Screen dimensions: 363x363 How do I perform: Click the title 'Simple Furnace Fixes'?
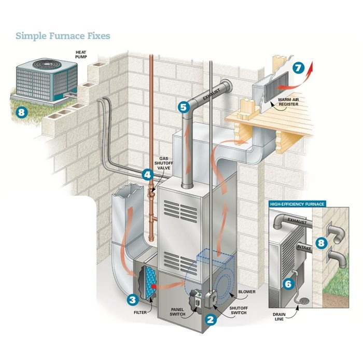tap(62, 36)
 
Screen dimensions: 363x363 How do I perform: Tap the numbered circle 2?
tap(210, 320)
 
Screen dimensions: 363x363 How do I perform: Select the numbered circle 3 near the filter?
tap(133, 299)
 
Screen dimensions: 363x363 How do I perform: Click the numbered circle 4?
tap(148, 175)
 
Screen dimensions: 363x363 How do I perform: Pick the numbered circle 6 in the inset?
tap(288, 284)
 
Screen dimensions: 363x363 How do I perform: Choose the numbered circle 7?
tap(297, 67)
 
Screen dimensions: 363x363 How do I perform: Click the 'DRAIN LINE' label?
tap(278, 317)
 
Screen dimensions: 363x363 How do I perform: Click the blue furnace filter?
tap(147, 283)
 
